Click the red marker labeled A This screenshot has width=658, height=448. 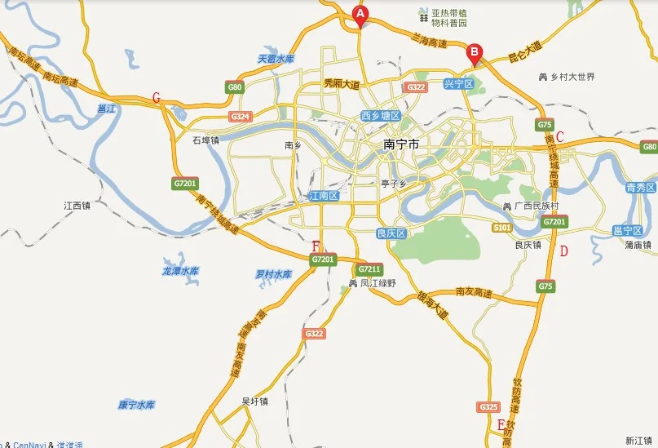[360, 15]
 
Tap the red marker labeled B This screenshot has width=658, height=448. [473, 54]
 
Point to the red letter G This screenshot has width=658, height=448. [156, 98]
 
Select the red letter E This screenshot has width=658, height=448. [501, 424]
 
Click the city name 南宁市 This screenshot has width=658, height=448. [400, 144]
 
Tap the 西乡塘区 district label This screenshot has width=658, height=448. [381, 117]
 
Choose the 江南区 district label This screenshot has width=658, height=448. [325, 197]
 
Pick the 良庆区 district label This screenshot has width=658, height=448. [391, 233]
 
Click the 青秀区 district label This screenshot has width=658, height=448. [640, 188]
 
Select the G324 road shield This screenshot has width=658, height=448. [240, 117]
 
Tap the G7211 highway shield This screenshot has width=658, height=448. [369, 268]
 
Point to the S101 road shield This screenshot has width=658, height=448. [502, 227]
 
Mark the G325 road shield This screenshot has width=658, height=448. [488, 406]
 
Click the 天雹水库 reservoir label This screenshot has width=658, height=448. [276, 59]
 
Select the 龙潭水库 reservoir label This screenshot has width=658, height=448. [181, 271]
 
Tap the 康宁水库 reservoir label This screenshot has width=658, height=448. [136, 405]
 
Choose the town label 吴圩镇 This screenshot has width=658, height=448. [255, 401]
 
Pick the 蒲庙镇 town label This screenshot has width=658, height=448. [638, 244]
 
